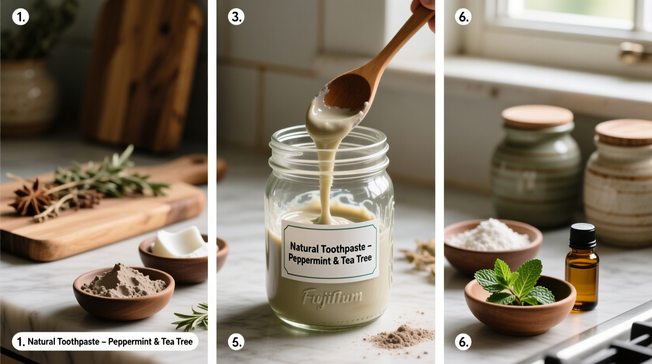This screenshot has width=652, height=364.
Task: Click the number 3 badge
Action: [x=236, y=17]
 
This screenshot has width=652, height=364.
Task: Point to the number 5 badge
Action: [x=236, y=342]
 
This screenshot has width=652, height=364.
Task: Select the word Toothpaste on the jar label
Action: [x=343, y=248]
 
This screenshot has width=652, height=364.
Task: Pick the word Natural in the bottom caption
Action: [x=41, y=342]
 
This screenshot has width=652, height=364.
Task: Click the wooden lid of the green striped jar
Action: [x=537, y=116]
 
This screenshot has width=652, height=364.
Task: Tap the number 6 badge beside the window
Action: [x=463, y=17]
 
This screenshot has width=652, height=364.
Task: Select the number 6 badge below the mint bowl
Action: [x=463, y=342]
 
